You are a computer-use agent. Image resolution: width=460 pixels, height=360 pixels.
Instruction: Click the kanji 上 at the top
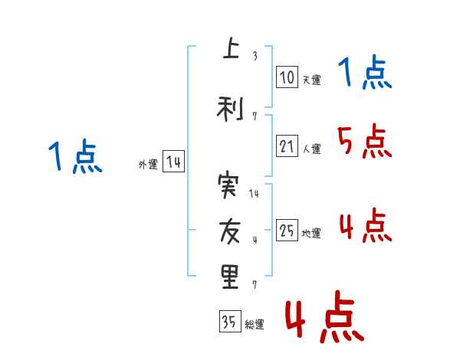(x=232, y=48)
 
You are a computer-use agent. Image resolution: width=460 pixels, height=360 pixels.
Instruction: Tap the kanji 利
(x=230, y=109)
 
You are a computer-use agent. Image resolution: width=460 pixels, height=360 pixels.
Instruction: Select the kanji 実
(x=228, y=185)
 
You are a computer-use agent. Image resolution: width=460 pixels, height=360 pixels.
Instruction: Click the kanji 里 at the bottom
(x=230, y=277)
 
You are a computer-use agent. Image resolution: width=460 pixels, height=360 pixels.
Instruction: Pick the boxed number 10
(x=287, y=77)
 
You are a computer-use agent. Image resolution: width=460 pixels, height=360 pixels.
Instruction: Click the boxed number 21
(x=287, y=146)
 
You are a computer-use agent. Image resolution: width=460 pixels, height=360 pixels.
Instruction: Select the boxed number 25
(x=287, y=230)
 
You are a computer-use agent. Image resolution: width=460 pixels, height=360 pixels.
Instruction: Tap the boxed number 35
(x=230, y=321)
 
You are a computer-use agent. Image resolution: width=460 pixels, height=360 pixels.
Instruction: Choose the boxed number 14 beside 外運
(x=173, y=161)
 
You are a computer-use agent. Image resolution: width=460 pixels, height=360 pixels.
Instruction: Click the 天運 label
(x=312, y=80)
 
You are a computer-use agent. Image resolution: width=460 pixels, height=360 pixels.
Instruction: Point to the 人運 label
(x=312, y=149)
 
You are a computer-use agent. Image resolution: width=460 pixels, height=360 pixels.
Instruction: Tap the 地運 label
(x=311, y=233)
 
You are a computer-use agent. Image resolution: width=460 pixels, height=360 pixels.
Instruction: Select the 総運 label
(x=255, y=324)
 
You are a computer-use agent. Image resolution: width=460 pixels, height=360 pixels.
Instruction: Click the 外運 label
(x=148, y=164)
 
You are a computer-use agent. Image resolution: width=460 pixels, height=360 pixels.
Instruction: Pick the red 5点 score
(x=364, y=141)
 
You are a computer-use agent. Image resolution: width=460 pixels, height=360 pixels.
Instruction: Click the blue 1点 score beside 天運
(x=364, y=72)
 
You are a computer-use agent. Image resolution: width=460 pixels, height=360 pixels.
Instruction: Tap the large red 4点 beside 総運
(x=324, y=317)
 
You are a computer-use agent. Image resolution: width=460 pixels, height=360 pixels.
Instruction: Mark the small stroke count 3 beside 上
(x=255, y=56)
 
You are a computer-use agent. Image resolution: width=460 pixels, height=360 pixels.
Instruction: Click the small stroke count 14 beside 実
(x=254, y=193)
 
